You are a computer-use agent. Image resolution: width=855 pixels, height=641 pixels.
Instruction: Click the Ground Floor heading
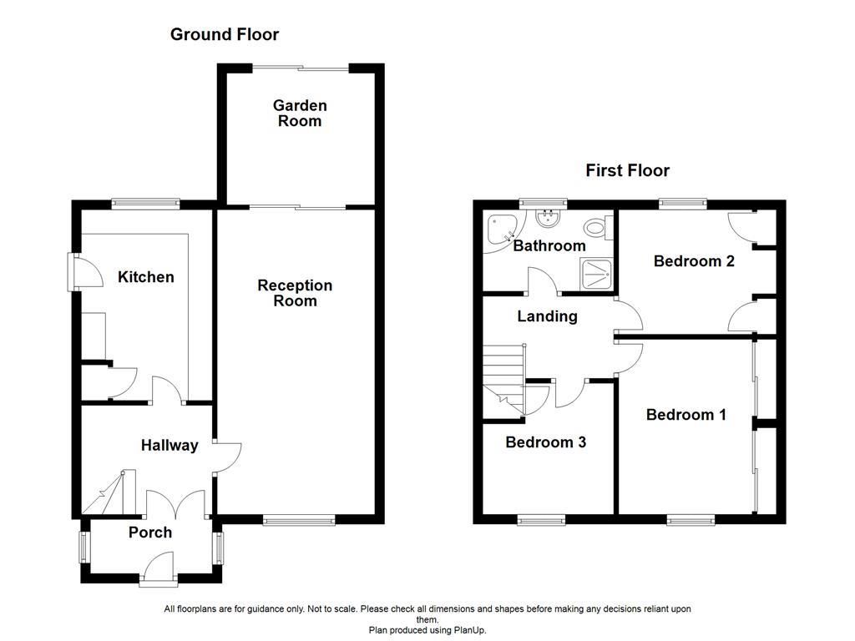tap(224, 34)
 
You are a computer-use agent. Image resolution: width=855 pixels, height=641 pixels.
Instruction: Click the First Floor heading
tap(627, 170)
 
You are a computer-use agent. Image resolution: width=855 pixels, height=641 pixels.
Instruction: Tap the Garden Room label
tap(300, 113)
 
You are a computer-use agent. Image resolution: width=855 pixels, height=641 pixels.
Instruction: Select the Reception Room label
tap(295, 293)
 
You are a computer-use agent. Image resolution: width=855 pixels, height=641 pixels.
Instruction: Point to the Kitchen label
tap(145, 277)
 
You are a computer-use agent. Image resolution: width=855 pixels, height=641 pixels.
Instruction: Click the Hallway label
tap(169, 446)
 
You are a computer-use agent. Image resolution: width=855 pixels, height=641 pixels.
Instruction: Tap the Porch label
tap(150, 532)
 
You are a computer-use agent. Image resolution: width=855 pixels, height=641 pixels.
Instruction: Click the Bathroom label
tap(549, 246)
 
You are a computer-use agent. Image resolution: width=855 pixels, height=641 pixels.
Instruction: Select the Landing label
tap(547, 316)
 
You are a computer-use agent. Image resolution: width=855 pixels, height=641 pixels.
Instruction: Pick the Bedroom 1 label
tap(686, 415)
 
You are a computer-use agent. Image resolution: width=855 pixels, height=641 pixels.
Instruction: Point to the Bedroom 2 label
tap(694, 261)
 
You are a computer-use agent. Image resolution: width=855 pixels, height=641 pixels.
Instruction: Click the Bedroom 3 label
tap(545, 442)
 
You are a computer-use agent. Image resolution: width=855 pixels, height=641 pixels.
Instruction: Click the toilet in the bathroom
tap(598, 227)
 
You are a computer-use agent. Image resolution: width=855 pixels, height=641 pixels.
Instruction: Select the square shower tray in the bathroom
tap(596, 274)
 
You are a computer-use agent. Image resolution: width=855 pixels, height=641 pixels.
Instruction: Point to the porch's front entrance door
tap(159, 568)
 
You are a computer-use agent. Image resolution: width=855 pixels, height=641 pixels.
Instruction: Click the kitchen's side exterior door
tap(86, 271)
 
